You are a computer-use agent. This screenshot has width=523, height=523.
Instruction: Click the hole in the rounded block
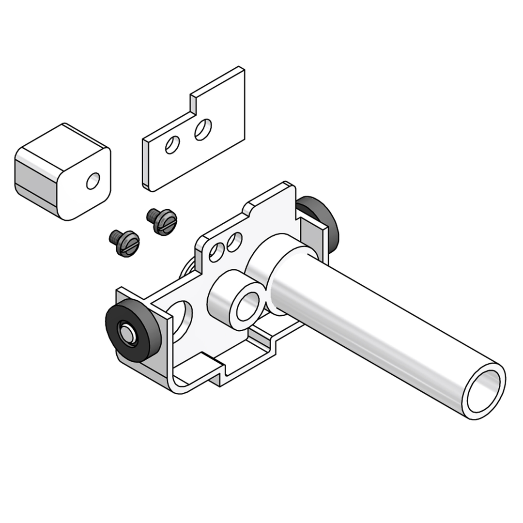pyautogui.click(x=93, y=181)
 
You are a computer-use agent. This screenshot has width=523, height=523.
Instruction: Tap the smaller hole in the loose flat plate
pyautogui.click(x=172, y=145)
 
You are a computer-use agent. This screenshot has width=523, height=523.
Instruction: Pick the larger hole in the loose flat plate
pyautogui.click(x=202, y=130)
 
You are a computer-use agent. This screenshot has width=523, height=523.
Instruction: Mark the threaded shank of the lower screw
pyautogui.click(x=115, y=237)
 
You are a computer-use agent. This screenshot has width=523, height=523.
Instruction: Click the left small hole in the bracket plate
pyautogui.click(x=216, y=252)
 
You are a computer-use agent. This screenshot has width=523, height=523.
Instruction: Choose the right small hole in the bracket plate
pyautogui.click(x=234, y=242)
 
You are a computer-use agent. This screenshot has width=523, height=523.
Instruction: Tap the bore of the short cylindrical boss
pyautogui.click(x=248, y=307)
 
